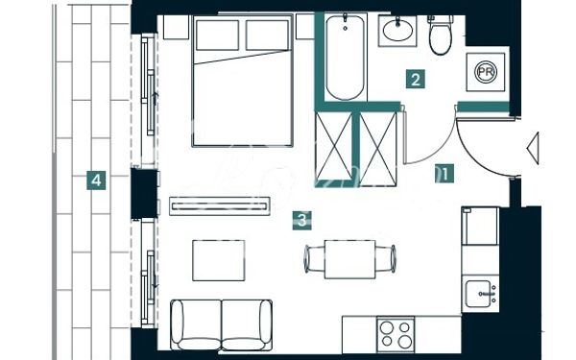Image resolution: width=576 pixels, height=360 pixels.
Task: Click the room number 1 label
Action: tap(444, 174)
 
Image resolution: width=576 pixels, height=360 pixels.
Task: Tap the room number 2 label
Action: tap(416, 79)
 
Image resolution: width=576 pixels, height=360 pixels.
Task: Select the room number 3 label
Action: tap(302, 221)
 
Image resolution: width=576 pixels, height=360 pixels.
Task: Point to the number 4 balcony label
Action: tap(96, 180)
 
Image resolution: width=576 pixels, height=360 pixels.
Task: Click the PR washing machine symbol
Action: tap(486, 72)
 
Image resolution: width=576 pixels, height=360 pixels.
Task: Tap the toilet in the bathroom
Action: tap(441, 36)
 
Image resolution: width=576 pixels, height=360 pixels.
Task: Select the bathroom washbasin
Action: tap(397, 31)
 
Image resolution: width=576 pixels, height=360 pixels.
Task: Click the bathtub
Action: tap(345, 57)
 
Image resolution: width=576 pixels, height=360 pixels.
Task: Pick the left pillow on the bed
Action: tap(218, 36)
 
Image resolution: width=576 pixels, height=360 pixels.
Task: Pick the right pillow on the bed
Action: tap(267, 36)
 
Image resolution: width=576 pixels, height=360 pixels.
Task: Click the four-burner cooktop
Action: tap(396, 334)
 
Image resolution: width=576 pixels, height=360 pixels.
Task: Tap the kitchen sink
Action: tap(480, 294)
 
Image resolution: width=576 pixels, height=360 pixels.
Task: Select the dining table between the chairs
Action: tap(350, 259)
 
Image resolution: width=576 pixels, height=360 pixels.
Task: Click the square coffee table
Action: tap(219, 260)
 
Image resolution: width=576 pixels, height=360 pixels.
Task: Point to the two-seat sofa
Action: tap(221, 324)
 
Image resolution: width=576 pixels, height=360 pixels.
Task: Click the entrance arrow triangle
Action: tap(534, 149)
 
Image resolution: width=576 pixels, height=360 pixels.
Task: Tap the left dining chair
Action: tap(314, 259)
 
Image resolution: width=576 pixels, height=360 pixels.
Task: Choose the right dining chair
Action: tap(386, 259)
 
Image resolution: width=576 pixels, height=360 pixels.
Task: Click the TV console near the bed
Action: tap(220, 206)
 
